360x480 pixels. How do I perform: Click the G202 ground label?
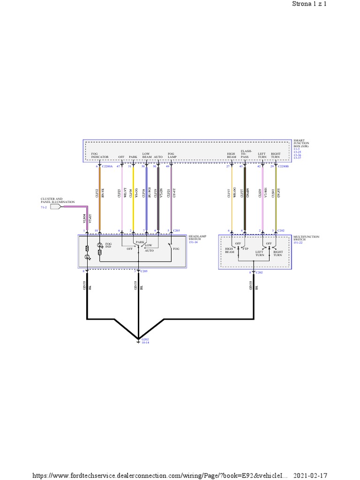point(145,340)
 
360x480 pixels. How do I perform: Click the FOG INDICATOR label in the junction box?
point(100,155)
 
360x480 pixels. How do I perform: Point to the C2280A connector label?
point(107,166)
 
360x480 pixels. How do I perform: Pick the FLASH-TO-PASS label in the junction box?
point(245,154)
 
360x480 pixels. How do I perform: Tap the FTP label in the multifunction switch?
point(245,249)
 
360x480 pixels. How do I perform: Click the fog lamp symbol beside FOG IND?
point(99,245)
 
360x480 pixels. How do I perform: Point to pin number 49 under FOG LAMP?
point(167,166)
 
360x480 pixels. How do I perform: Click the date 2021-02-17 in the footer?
point(310,475)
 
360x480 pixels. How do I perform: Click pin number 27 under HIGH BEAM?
point(228,166)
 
